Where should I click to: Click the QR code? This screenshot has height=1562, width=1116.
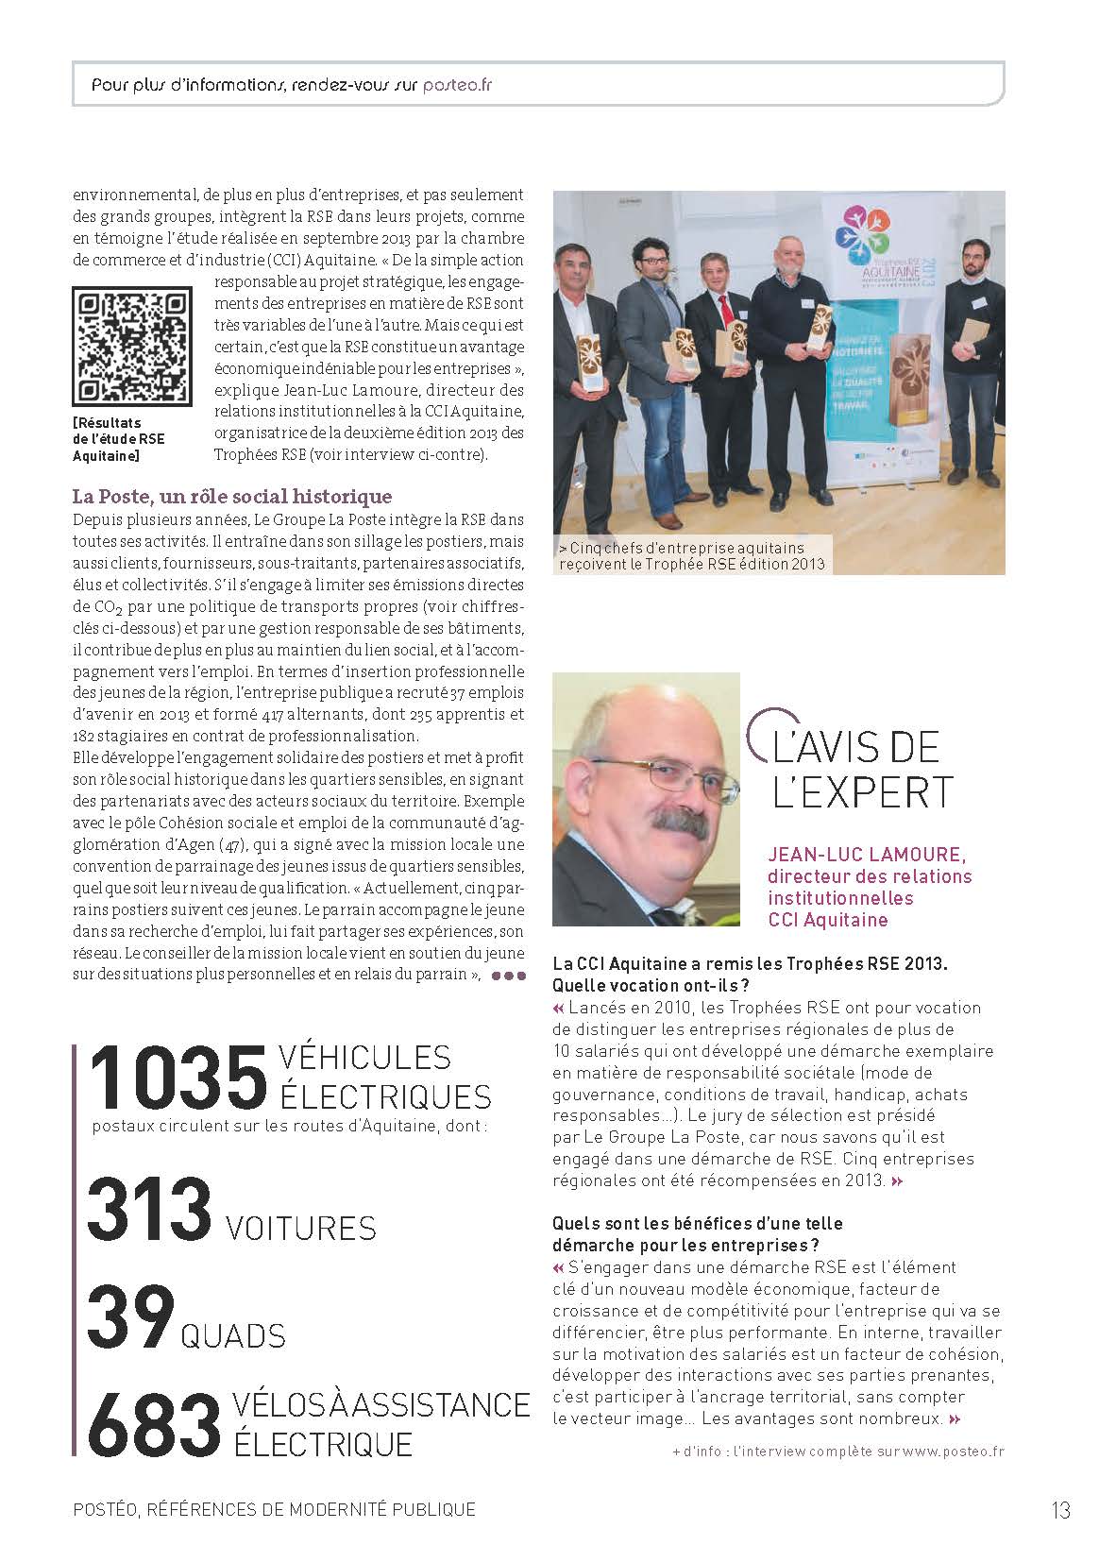tap(130, 347)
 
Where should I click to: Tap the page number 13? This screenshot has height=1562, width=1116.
tap(1060, 1509)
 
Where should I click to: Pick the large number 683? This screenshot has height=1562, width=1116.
tap(153, 1423)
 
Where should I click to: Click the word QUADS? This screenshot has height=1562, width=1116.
tap(232, 1335)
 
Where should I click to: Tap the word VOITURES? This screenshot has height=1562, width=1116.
tap(301, 1228)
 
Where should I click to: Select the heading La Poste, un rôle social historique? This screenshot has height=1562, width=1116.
tap(232, 496)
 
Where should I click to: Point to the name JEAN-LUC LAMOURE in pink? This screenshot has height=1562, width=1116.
tap(867, 855)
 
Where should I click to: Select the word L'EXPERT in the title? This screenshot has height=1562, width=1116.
tap(862, 791)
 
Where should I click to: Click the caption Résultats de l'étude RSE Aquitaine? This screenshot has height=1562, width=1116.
tap(119, 439)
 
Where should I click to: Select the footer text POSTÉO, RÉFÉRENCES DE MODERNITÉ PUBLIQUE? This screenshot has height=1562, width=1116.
tap(274, 1509)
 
